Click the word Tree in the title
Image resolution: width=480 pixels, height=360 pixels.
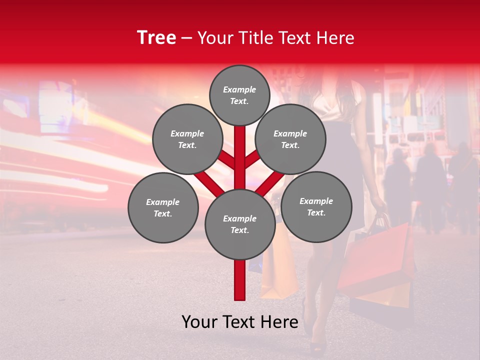pos(156,37)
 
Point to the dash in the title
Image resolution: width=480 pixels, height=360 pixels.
pos(186,38)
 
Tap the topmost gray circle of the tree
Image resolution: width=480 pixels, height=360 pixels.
pos(239,95)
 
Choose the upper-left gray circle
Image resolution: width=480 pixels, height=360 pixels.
pos(187,139)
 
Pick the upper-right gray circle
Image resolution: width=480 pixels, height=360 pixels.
pos(290,139)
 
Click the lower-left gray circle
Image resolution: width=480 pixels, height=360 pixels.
pos(163,207)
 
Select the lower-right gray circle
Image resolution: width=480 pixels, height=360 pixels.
pos(316,206)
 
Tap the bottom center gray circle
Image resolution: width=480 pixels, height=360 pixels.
pos(239,224)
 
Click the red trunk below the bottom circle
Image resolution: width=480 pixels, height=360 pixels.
pos(239,280)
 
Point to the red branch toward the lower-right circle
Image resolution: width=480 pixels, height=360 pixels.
pos(270,183)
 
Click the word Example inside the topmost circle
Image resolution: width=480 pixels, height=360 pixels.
pos(239,89)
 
